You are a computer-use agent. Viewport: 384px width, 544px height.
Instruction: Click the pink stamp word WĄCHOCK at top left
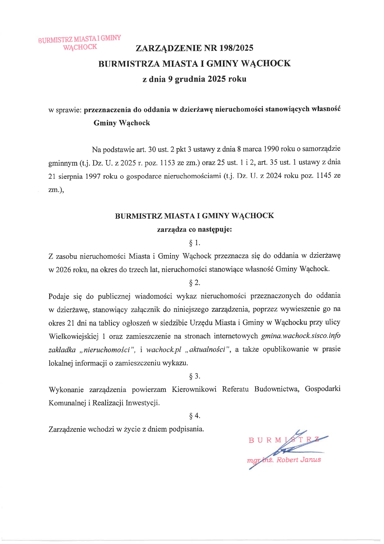click(80, 47)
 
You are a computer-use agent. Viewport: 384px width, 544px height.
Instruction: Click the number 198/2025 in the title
click(236, 48)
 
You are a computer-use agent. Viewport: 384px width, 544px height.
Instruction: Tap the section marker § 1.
click(194, 243)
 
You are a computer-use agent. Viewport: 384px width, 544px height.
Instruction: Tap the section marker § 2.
click(194, 283)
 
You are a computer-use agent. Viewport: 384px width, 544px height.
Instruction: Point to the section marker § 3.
click(194, 376)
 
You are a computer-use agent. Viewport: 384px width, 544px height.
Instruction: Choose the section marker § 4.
click(194, 416)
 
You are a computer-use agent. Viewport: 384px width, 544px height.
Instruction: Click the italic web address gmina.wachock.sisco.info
click(301, 336)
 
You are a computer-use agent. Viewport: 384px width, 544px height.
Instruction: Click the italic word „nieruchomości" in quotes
click(107, 350)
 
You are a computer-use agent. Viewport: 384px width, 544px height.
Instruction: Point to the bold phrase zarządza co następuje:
click(194, 230)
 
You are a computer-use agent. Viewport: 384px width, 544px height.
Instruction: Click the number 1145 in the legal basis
click(324, 176)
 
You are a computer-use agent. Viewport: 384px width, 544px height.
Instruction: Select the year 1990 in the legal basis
click(271, 149)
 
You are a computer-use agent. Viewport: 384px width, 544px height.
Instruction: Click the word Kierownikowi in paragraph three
click(194, 389)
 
